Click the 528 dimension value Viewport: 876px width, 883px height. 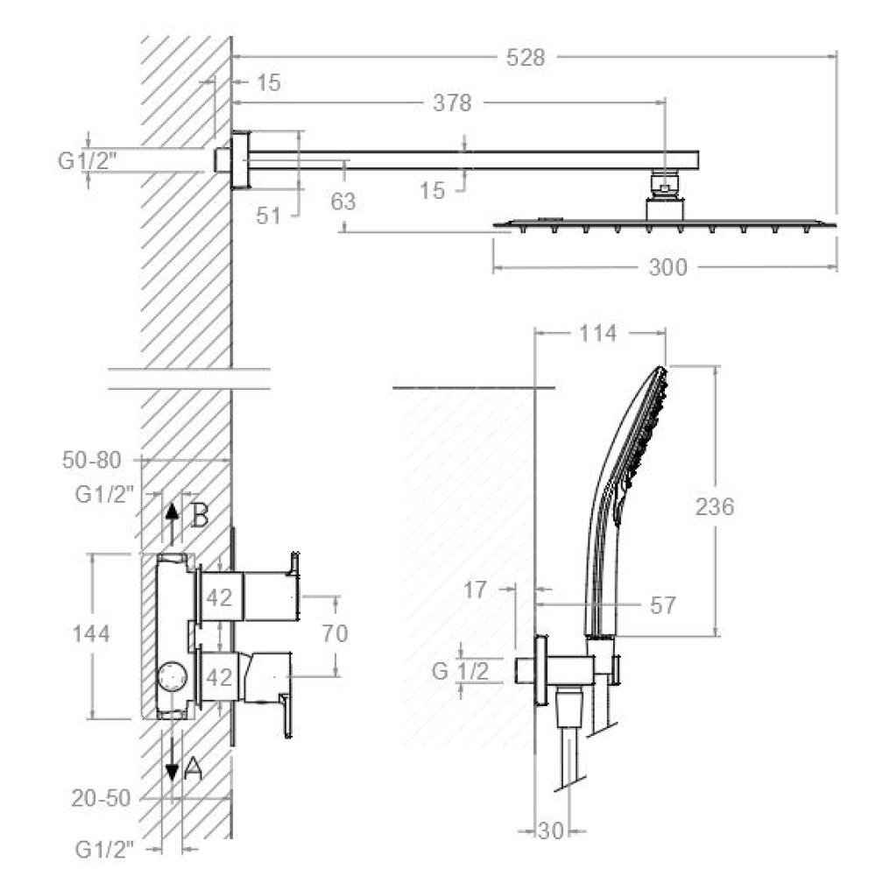coord(526,58)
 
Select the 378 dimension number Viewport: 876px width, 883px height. coord(452,103)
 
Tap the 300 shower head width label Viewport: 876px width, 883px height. coord(668,267)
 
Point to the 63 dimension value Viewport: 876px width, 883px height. coord(343,201)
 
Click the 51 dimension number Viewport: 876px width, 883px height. coord(268,215)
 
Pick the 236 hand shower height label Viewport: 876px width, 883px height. coord(715,506)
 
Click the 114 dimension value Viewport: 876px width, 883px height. coord(598,334)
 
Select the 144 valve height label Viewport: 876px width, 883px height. coord(90,634)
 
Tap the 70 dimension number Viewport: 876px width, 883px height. coord(335,633)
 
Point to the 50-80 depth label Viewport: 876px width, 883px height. coord(91,460)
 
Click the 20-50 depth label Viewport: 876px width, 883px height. coord(101,798)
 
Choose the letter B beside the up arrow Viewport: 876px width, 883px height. coord(200,515)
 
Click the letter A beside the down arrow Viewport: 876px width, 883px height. coord(193,768)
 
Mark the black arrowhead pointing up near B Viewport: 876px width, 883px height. coord(173,512)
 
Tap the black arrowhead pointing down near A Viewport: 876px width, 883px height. coord(173,772)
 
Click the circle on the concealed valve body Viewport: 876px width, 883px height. coord(173,676)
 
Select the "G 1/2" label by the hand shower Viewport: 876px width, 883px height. coord(460,671)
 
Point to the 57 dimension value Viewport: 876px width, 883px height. coord(662,604)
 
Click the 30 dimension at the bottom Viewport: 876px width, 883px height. coord(551,830)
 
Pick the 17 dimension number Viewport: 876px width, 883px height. coord(475,590)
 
